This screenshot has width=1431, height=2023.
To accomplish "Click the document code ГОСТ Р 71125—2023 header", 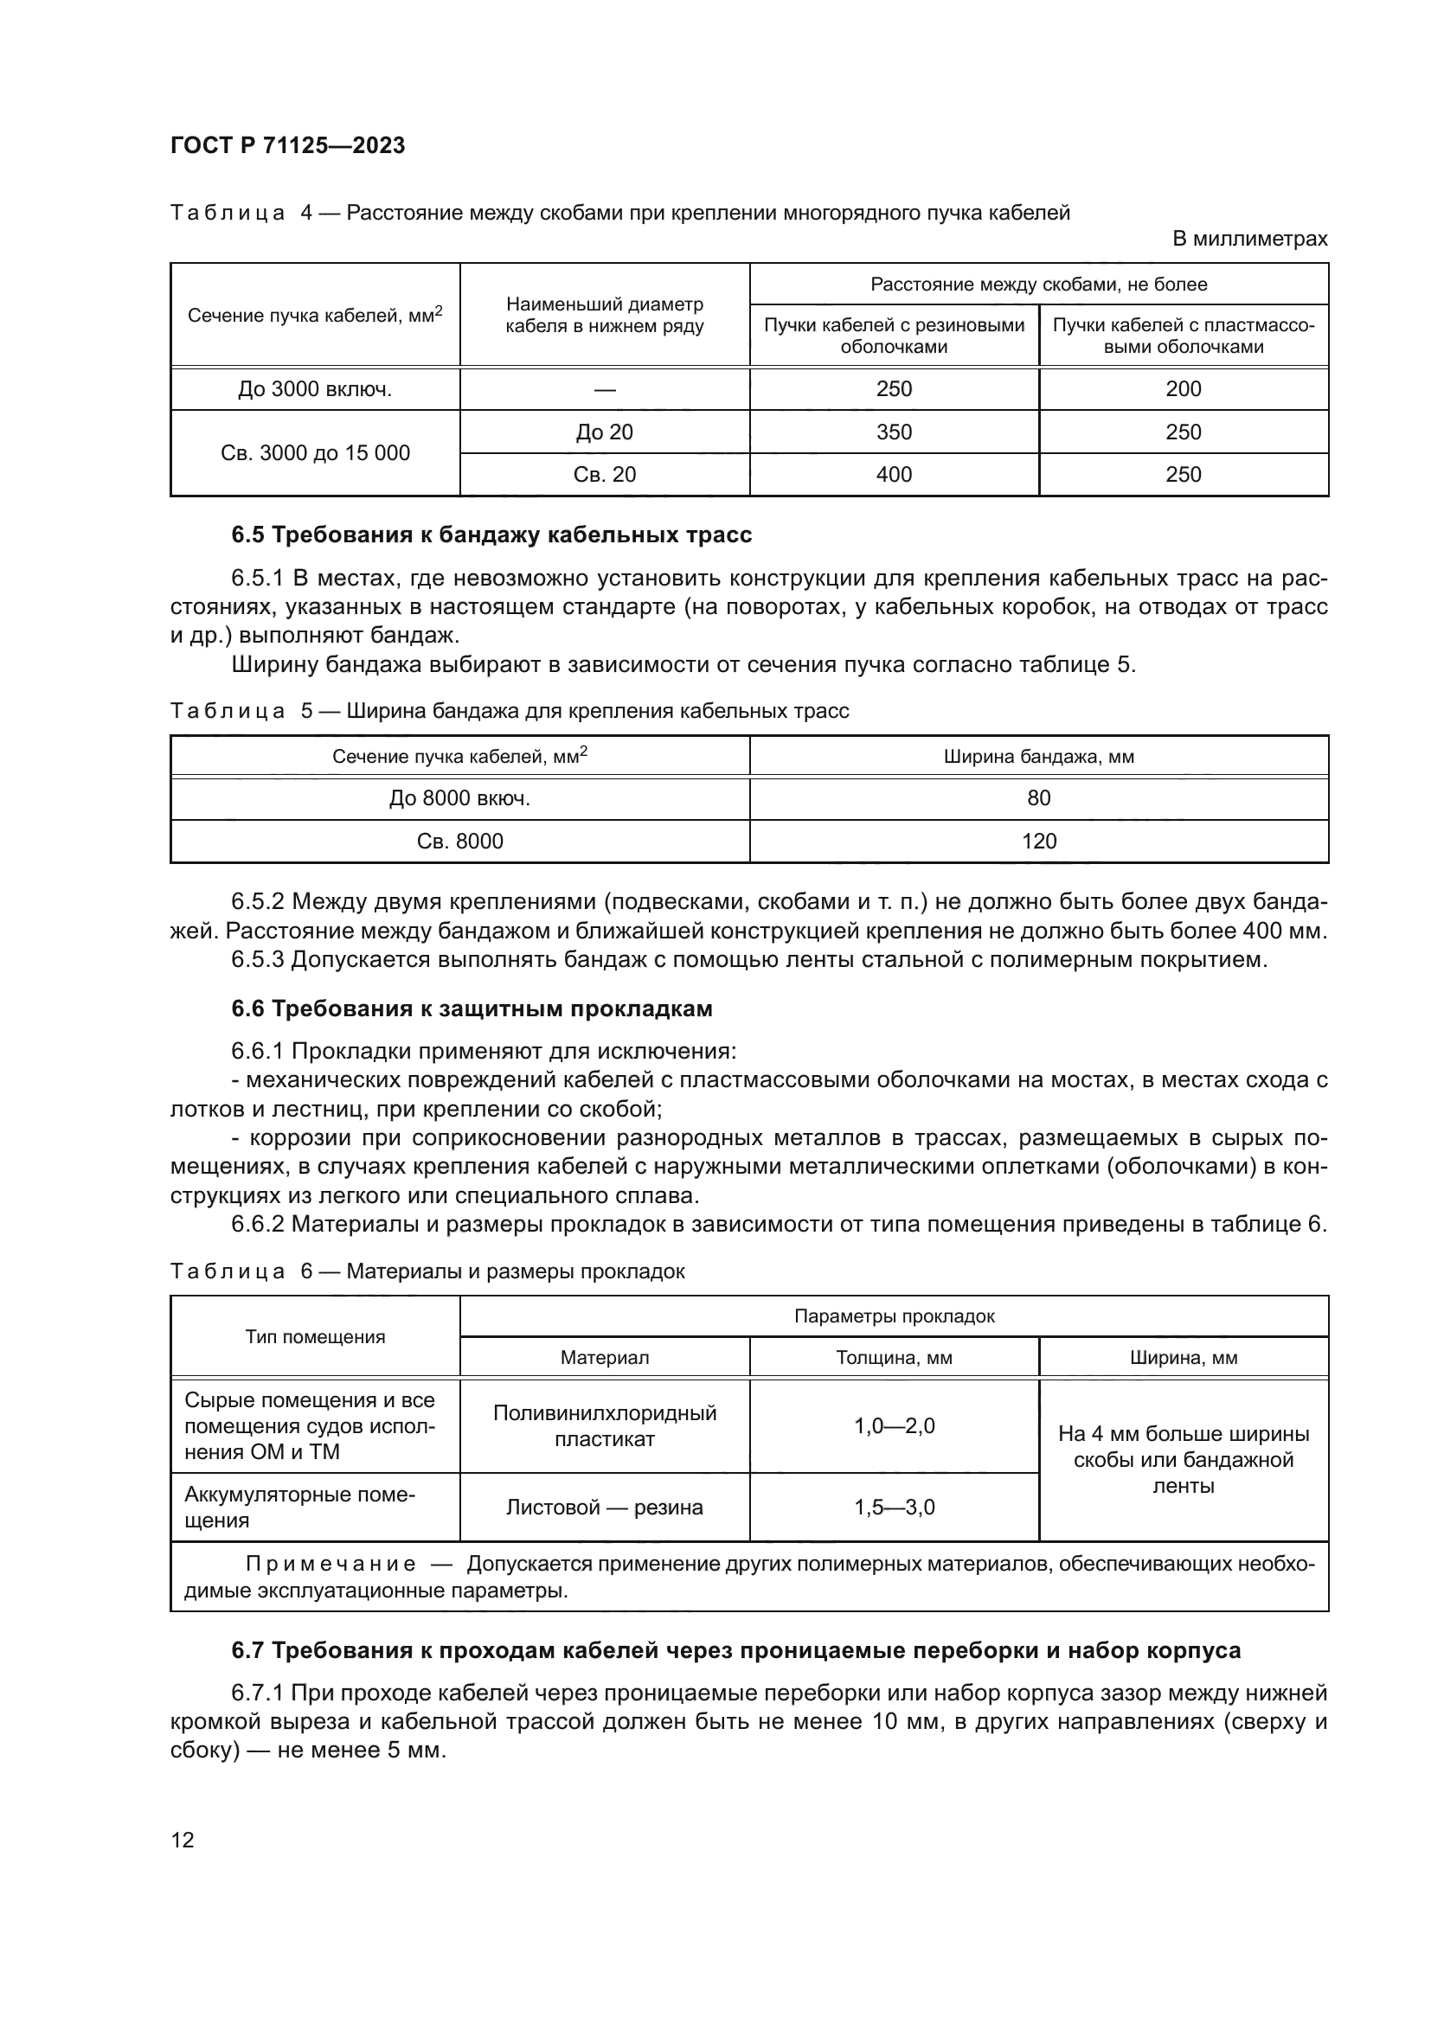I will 287,145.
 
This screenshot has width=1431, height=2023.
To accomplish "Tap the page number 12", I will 183,1840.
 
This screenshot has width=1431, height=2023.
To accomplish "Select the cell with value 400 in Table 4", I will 894,475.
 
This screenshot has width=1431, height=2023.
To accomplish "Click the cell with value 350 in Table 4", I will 894,432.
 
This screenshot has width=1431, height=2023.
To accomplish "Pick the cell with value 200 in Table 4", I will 1183,389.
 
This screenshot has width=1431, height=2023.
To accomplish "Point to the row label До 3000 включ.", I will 315,389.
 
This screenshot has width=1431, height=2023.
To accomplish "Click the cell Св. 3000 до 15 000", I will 315,453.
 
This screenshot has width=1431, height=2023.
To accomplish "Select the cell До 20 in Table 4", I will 604,432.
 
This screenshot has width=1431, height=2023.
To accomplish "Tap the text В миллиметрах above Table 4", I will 1248,239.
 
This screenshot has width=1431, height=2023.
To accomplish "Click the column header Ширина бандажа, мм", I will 1038,756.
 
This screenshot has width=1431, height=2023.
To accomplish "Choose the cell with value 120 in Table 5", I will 1038,842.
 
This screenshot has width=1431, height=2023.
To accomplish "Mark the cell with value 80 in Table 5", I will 1038,798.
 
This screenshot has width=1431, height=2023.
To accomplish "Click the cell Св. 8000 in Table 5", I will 459,842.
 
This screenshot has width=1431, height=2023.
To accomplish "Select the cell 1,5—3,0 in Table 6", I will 894,1507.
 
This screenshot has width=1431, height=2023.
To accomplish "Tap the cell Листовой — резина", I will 604,1507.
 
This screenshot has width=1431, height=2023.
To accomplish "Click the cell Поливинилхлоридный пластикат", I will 604,1425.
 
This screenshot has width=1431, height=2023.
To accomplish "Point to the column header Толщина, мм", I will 894,1358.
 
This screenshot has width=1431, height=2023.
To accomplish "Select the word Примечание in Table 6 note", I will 330,1564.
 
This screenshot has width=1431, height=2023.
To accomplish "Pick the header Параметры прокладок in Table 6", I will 894,1316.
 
